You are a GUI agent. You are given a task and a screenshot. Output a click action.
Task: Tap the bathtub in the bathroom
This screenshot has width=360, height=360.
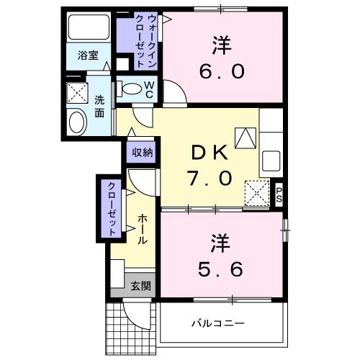point(87,29)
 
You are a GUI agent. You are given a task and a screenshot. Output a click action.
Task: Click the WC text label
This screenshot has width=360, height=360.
point(149,89)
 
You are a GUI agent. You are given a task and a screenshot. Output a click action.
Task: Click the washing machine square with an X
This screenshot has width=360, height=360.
point(76,94)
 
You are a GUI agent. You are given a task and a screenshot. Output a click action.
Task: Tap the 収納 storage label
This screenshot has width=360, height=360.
point(142,152)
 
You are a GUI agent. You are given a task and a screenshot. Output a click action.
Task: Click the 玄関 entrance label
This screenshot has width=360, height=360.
point(140,286)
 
